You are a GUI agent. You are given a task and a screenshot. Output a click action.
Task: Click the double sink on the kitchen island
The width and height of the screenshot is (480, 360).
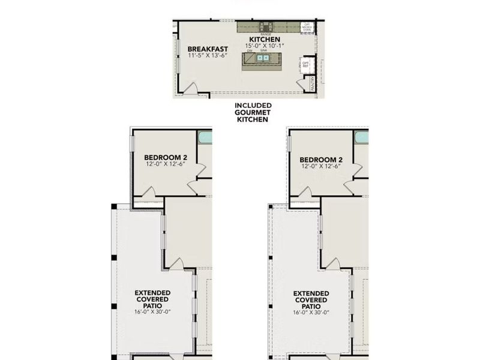tap(263, 58)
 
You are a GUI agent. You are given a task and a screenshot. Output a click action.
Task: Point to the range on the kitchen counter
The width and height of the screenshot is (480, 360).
tap(264, 26)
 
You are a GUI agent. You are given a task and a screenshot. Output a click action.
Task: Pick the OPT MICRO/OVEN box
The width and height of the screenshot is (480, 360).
tap(306, 27)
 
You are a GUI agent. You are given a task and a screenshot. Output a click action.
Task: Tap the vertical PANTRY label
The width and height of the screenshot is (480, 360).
tap(313, 83)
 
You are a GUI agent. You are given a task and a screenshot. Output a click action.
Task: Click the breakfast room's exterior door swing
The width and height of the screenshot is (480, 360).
tap(191, 89)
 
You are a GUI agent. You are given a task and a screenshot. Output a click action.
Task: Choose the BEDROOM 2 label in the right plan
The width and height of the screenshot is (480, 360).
tap(321, 160)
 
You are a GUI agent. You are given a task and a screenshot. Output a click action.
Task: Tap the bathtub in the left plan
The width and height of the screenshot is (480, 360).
tap(205, 137)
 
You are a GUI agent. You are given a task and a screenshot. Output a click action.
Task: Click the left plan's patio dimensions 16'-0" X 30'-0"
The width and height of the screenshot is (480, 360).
tap(153, 312)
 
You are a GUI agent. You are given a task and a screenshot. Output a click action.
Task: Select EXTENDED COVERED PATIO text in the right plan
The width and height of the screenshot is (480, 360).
tap(310, 299)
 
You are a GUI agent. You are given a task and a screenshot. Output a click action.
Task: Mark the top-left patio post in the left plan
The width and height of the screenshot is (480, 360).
tap(113, 206)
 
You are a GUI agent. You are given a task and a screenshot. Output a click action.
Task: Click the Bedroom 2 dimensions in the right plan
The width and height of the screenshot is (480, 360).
tap(321, 166)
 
